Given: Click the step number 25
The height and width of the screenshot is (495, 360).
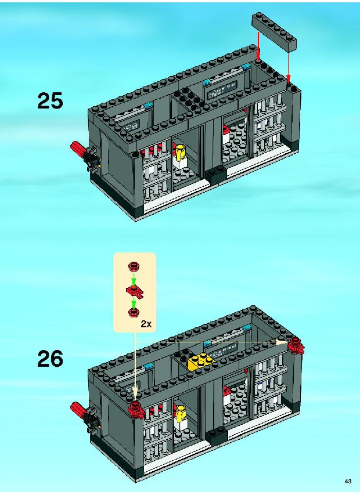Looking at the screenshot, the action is click(x=50, y=100).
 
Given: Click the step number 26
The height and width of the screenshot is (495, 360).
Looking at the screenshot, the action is click(x=50, y=359).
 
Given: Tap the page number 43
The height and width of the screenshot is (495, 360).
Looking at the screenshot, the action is click(x=348, y=482).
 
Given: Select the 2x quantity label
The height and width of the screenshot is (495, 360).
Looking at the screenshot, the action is click(x=146, y=324).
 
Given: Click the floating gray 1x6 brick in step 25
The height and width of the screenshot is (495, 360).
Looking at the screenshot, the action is click(x=275, y=31).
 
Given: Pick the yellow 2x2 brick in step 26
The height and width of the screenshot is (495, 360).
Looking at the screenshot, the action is click(x=201, y=362).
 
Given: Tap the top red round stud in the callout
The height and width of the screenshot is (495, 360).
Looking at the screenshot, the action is click(x=134, y=267).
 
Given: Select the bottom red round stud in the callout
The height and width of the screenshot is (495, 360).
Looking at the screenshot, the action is click(x=134, y=312).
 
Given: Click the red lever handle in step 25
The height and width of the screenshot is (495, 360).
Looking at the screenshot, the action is click(x=78, y=149).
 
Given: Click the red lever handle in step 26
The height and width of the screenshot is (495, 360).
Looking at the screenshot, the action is click(x=78, y=409).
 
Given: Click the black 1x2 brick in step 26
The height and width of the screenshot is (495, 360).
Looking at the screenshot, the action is click(x=217, y=436).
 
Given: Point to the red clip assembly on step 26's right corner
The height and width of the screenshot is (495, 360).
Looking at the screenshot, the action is click(x=296, y=345).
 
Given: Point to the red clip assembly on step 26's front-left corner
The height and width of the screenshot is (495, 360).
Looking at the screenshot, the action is click(x=136, y=410).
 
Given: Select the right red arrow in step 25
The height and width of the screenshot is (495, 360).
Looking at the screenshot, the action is click(x=288, y=66).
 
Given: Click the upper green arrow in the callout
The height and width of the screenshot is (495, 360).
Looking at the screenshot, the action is click(x=134, y=279).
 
